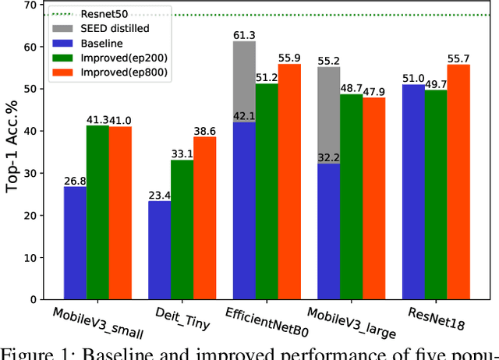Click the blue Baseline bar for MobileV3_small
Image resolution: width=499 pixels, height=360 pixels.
tap(75, 242)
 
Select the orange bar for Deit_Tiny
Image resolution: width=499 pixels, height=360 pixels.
tap(204, 218)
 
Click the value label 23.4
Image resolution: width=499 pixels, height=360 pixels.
tap(160, 195)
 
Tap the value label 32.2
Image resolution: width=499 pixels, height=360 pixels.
tap(328, 157)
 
